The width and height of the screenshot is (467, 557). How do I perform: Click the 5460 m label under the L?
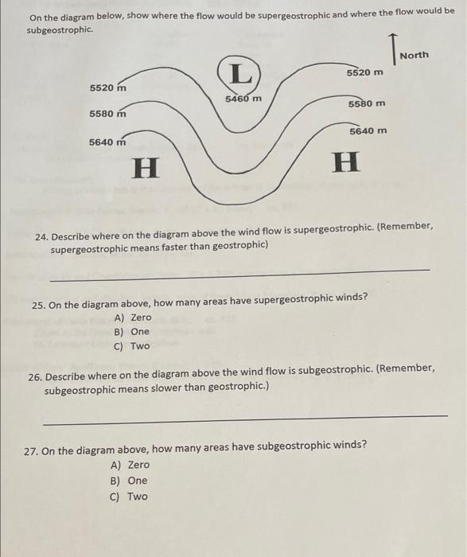243,99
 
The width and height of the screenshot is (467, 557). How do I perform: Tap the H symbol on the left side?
145,167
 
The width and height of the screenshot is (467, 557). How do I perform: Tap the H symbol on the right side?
345,164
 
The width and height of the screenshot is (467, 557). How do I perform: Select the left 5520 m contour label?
108,87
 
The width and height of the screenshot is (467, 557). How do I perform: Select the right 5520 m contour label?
365,72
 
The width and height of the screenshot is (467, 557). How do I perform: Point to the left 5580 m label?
108,114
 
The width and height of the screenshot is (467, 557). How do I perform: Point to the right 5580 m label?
367,103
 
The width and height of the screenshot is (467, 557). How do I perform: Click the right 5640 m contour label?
368,130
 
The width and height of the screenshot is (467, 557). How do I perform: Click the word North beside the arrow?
414,55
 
